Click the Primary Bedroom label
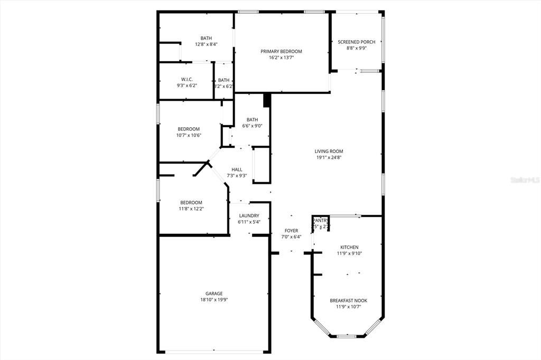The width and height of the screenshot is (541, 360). (281, 51)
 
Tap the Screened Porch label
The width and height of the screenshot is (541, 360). (357, 42)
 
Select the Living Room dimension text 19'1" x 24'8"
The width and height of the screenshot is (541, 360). (330, 157)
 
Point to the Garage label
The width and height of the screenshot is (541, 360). (214, 293)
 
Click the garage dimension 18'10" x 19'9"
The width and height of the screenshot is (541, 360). (214, 300)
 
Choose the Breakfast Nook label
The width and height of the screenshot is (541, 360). (348, 300)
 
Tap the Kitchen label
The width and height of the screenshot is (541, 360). (349, 247)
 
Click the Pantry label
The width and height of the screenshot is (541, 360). (321, 221)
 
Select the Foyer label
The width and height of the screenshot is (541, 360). (291, 231)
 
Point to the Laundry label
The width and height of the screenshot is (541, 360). (249, 215)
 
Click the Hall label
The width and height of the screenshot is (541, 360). (237, 169)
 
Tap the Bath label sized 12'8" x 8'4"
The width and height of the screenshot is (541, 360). (206, 38)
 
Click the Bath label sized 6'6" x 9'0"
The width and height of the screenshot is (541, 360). (252, 119)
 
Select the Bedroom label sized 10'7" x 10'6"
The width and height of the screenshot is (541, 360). (189, 129)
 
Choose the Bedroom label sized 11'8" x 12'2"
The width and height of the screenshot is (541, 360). (191, 203)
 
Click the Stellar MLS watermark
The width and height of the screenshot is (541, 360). (525, 179)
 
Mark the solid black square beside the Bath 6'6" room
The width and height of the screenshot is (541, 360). (267, 100)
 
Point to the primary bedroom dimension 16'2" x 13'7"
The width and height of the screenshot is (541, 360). (281, 58)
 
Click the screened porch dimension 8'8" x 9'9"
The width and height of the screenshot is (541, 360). (357, 48)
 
